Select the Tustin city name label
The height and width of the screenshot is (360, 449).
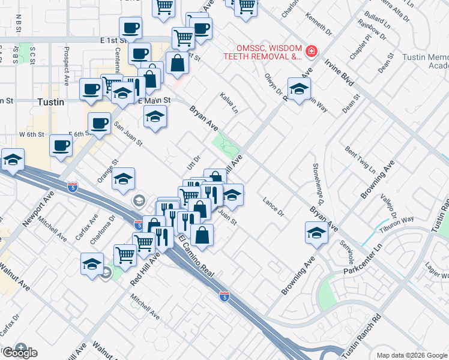tap(50, 102)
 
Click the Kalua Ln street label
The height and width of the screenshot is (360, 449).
tap(229, 103)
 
